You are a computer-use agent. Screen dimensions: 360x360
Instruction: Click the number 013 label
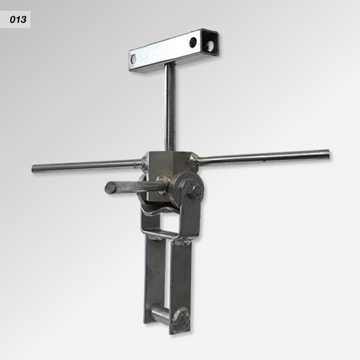pyautogui.click(x=18, y=20)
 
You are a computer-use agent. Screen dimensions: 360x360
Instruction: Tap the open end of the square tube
pyautogui.click(x=210, y=44)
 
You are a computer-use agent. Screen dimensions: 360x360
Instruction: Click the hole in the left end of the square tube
pyautogui.click(x=133, y=59)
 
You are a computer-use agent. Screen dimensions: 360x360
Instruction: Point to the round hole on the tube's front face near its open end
pyautogui.click(x=193, y=42)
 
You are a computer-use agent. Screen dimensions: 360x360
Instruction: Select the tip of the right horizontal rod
pyautogui.click(x=327, y=155)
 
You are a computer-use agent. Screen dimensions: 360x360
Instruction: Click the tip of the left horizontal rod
pyautogui.click(x=34, y=169)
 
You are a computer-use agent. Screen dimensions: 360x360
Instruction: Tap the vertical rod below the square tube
pyautogui.click(x=170, y=107)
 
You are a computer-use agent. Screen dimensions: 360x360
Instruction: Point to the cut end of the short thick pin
pyautogui.click(x=110, y=188)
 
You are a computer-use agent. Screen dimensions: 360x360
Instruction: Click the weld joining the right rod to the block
pyautogui.click(x=194, y=160)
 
